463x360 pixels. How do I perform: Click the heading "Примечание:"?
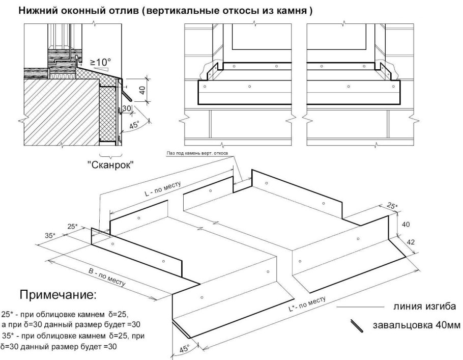(x=57, y=295)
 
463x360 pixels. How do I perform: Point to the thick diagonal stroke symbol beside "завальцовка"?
(x=356, y=326)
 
